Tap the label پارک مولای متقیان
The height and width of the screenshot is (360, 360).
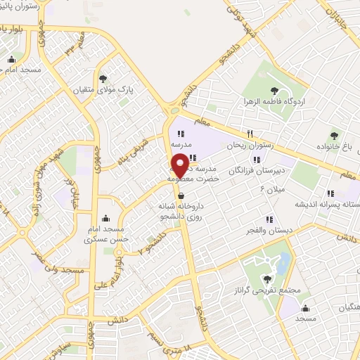[x=105, y=91]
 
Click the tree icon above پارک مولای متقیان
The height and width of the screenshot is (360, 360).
[x=104, y=79]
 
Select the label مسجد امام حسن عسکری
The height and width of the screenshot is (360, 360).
[x=104, y=234]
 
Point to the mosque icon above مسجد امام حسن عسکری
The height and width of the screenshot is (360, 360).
[x=105, y=217]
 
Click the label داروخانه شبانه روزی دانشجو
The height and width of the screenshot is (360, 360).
[x=182, y=212]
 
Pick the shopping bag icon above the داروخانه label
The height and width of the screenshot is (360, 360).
[x=182, y=195]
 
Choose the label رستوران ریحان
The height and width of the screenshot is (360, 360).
[x=249, y=146]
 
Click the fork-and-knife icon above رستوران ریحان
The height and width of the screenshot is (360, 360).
[x=249, y=134]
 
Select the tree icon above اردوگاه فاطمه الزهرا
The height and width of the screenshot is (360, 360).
[x=274, y=91]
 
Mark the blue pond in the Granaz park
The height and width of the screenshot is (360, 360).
[x=283, y=264]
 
